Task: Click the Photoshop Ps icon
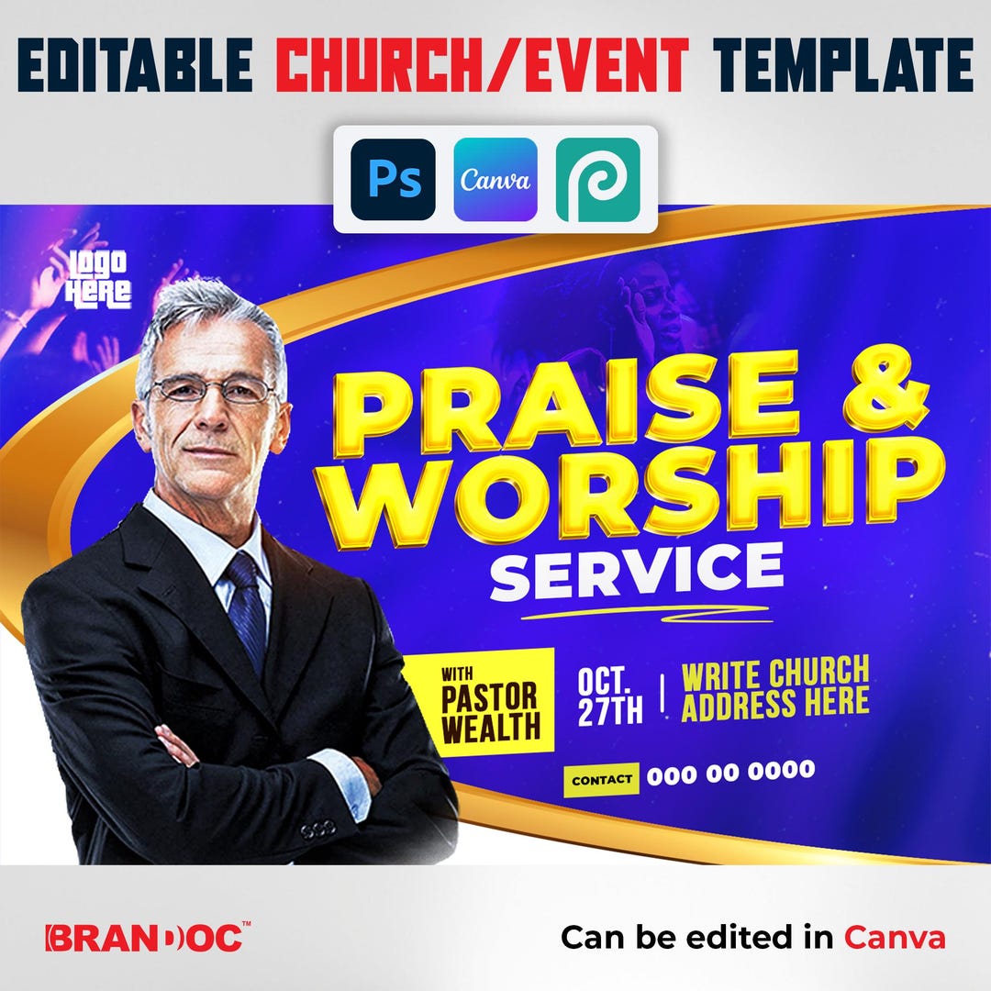393,180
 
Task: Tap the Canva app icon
495,180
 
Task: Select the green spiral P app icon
597,180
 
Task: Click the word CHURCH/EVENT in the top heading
482,67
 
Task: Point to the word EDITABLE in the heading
135,67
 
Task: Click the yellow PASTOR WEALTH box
478,702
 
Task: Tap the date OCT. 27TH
609,697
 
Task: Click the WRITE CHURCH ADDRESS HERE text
775,688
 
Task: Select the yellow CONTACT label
601,781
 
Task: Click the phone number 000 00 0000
730,773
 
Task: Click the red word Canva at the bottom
895,938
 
